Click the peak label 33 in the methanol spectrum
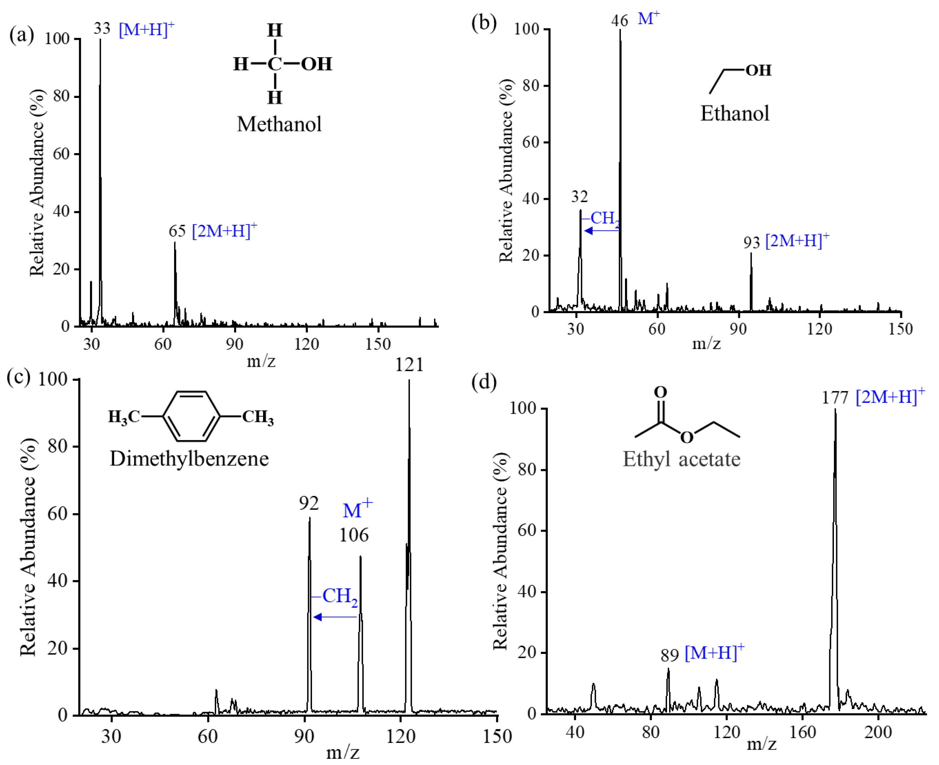click(x=102, y=29)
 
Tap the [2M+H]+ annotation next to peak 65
click(x=224, y=230)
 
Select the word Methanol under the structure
click(x=279, y=124)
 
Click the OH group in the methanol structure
click(x=316, y=64)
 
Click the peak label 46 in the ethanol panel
click(x=619, y=20)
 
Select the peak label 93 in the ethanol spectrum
click(x=752, y=243)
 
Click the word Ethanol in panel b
click(x=735, y=113)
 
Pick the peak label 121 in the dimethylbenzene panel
click(x=409, y=365)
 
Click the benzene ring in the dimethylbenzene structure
click(x=191, y=416)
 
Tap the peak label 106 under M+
click(x=354, y=535)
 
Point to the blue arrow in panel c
click(x=335, y=617)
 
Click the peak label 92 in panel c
click(x=308, y=503)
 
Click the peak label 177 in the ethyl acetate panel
click(x=835, y=398)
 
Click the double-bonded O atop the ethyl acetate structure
click(x=660, y=392)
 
